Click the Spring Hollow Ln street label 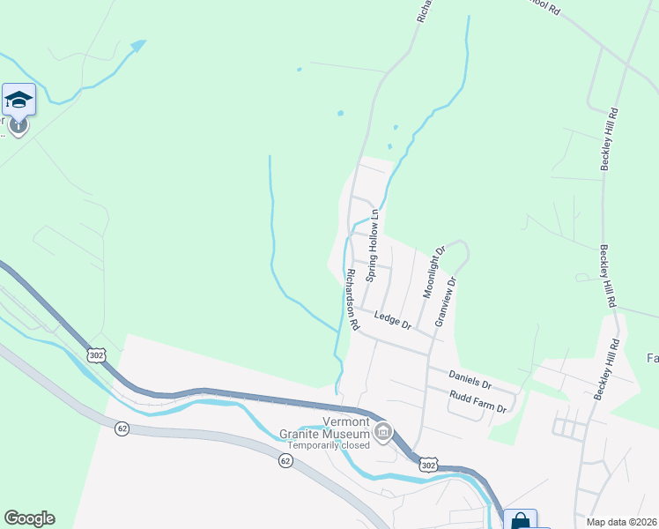[373, 245]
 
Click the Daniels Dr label [467, 380]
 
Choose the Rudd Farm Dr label [478, 403]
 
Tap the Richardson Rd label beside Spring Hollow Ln [352, 300]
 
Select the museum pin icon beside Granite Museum [383, 432]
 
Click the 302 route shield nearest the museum [427, 464]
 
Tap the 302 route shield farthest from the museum [95, 354]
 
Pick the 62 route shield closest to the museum [285, 460]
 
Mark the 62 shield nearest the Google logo [122, 428]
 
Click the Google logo [29, 518]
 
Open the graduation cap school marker [19, 100]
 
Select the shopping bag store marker [521, 520]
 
